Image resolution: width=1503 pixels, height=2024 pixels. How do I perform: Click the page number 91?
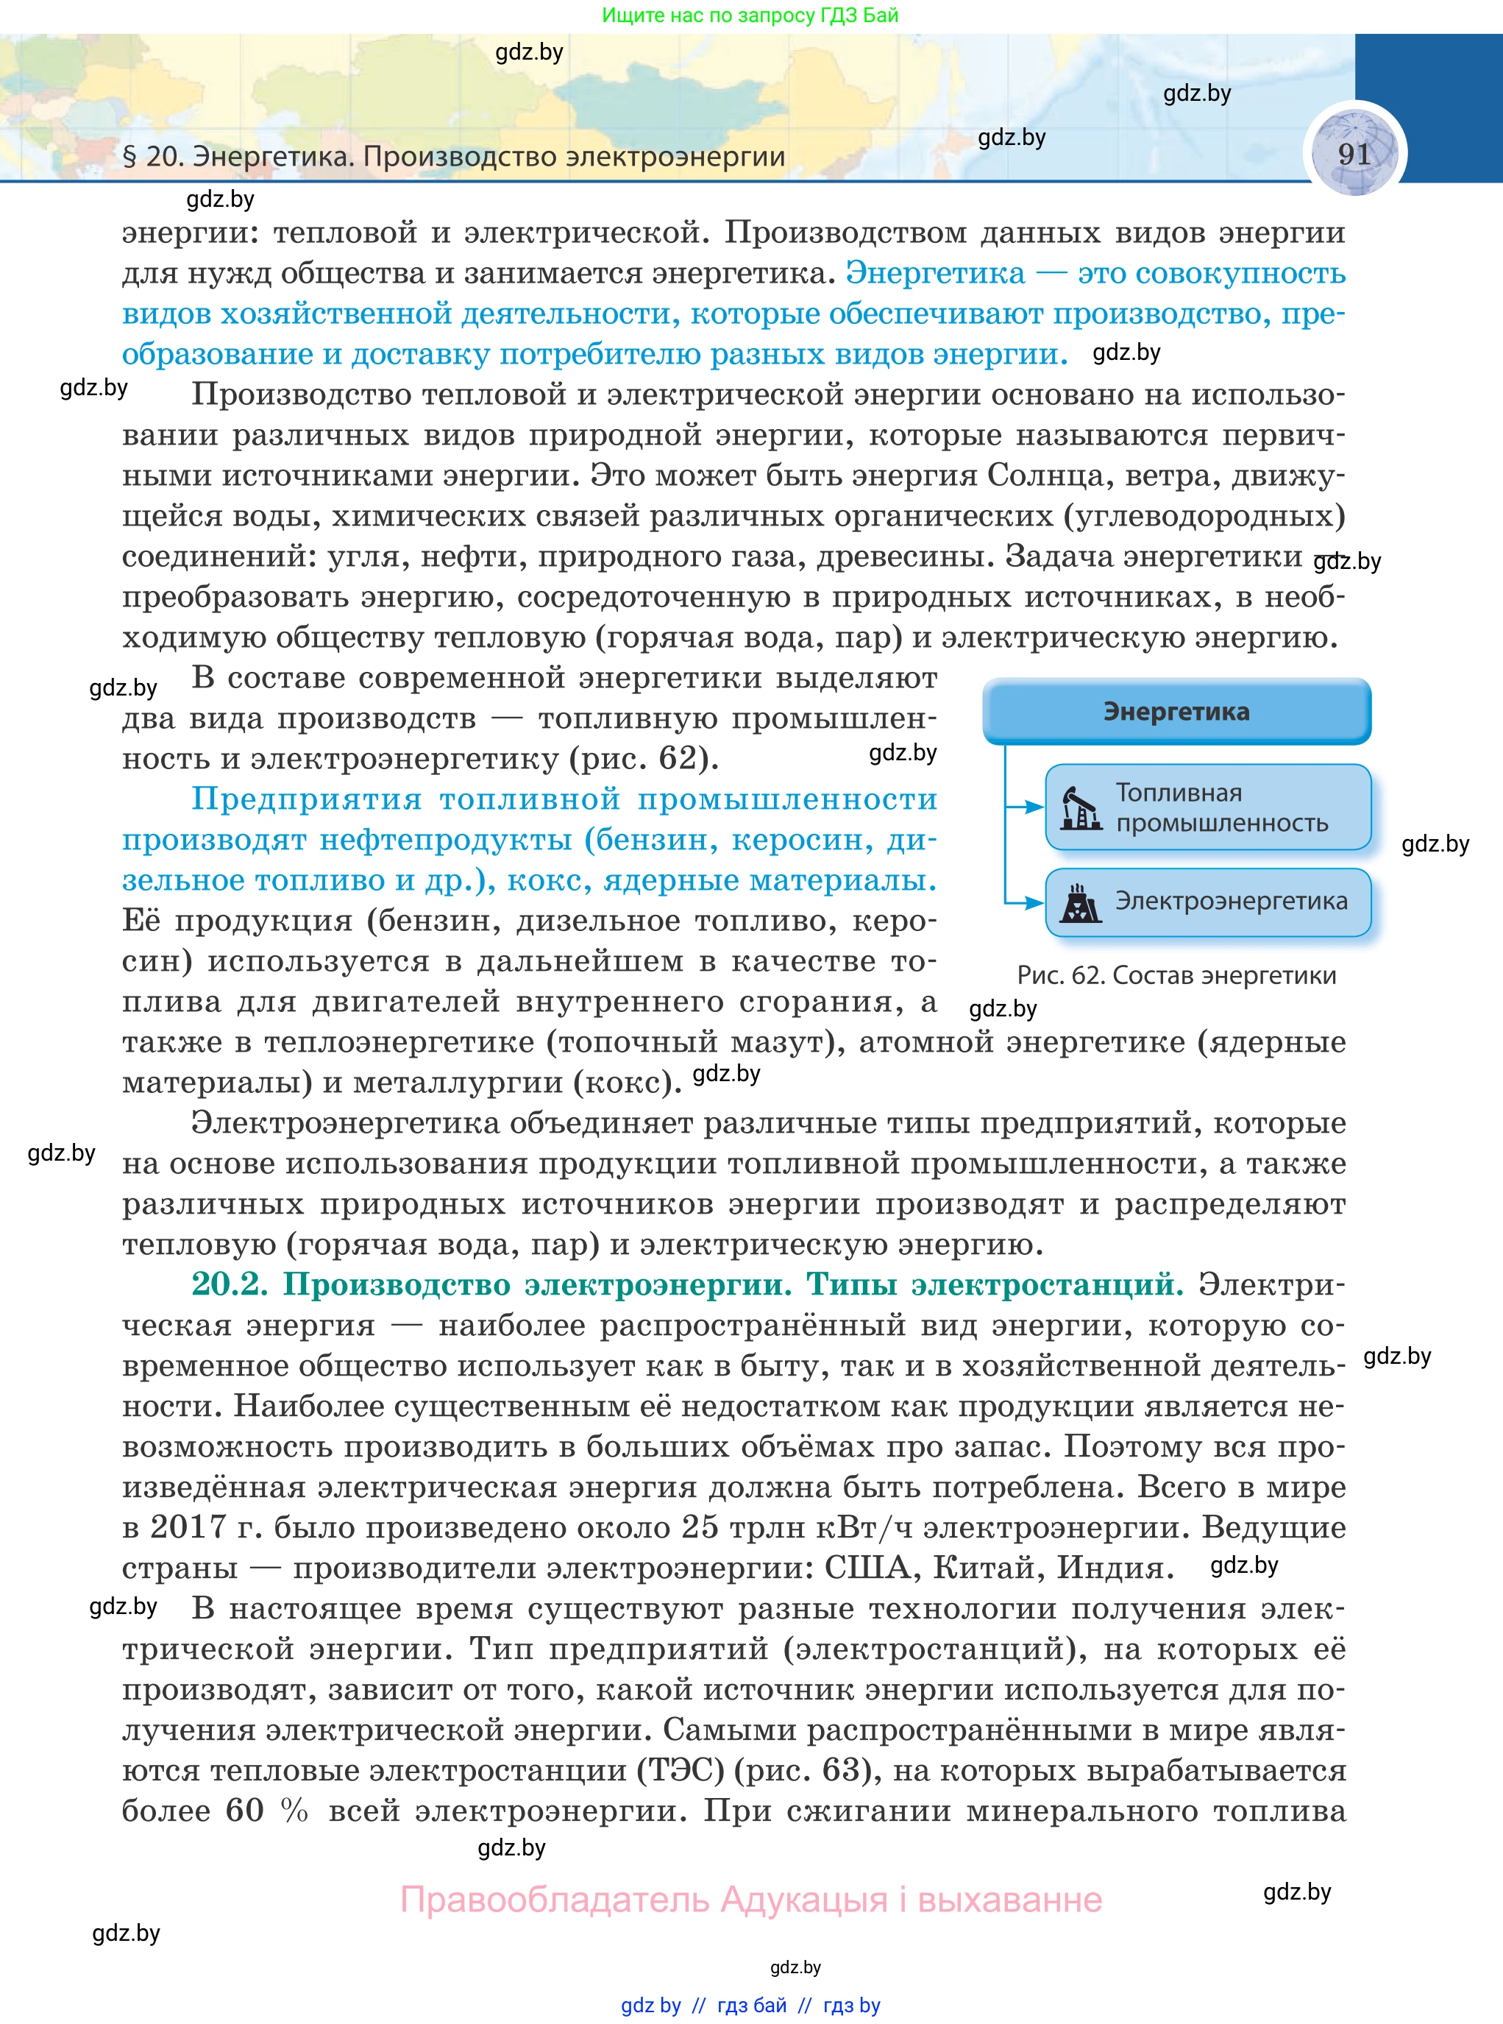tap(1354, 154)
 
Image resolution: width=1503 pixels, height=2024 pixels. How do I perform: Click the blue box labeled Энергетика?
tap(1176, 712)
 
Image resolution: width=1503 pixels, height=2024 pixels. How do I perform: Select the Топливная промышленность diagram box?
tap(1207, 807)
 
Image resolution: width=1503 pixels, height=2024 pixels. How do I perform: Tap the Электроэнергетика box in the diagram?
tap(1207, 902)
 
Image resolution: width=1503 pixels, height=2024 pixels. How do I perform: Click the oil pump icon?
tap(1081, 808)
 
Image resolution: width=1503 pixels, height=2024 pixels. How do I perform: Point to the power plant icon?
tap(1081, 903)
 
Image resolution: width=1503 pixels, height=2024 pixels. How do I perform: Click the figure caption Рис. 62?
tap(1176, 976)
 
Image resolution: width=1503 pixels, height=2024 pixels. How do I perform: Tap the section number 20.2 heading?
tap(230, 1284)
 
